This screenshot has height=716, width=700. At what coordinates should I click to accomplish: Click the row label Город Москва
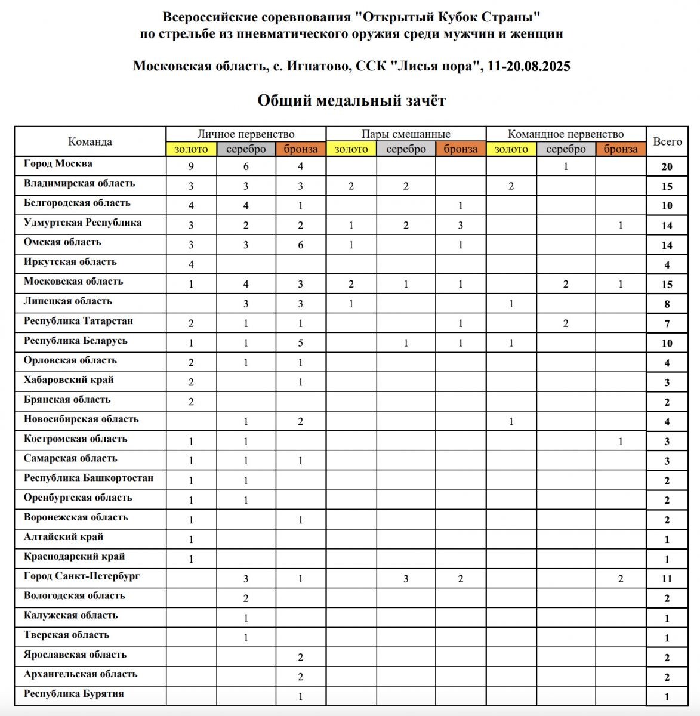point(58,163)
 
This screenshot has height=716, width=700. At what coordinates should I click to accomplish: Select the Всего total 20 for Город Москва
point(667,167)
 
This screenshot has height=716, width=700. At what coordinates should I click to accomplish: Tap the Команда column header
point(90,142)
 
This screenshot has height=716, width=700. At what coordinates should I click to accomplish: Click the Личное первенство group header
point(246,134)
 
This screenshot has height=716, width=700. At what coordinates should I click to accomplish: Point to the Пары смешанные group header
point(406,134)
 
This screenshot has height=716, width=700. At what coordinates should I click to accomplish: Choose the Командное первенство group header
point(566,134)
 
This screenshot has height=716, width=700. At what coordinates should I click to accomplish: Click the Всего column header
point(667,142)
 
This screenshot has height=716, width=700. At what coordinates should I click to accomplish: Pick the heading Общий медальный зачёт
point(351,100)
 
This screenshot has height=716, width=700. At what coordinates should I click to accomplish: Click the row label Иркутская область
point(70,262)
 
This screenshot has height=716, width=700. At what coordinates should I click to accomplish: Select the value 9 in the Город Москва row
point(191,167)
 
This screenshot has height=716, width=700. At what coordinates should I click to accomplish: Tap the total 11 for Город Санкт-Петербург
point(667,579)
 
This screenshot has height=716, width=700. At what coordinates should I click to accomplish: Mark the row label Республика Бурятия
point(74,694)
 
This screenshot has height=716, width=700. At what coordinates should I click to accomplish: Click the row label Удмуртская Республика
point(82,223)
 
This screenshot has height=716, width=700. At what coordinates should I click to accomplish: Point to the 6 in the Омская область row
point(300,245)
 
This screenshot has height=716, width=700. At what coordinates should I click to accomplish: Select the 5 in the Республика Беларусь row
point(300,343)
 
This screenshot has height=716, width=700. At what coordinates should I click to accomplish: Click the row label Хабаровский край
point(69,380)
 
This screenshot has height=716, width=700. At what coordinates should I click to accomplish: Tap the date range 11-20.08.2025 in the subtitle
point(529,66)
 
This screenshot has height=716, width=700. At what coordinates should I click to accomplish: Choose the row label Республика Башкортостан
point(88,478)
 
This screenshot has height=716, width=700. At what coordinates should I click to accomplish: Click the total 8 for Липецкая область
point(667,304)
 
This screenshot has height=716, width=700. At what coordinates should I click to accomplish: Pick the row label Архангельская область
point(81,674)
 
